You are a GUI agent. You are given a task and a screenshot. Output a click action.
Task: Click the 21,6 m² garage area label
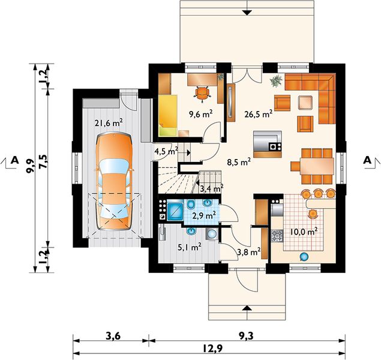click(109, 122)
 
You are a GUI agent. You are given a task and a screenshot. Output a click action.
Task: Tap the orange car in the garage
click(114, 181)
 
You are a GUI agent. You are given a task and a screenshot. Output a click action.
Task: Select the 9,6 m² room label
click(201, 113)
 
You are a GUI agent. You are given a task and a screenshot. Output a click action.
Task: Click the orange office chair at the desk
click(202, 93)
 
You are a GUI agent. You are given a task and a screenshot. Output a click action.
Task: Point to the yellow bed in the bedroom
click(167, 115)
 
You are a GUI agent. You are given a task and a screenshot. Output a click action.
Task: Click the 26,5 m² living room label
click(258, 114)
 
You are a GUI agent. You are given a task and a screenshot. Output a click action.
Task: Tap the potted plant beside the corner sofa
click(276, 81)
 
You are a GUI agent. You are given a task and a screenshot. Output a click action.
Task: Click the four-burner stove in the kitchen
click(277, 236)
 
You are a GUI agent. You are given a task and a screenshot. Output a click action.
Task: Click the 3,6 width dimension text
click(113, 337)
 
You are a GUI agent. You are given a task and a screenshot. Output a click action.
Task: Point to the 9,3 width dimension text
click(246, 337)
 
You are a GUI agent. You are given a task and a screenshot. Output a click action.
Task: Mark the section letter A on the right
click(367, 160)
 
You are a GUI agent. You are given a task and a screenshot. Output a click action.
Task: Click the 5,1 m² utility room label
click(190, 247)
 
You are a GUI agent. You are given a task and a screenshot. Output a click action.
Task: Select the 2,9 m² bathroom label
click(204, 215)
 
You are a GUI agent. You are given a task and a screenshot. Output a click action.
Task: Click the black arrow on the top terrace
click(247, 13)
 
